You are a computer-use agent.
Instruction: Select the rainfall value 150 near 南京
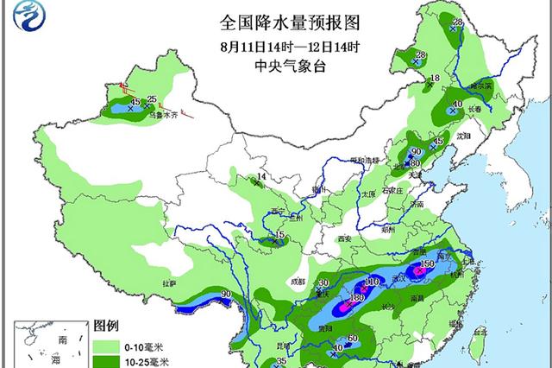coord(424,263)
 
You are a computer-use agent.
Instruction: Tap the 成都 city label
coord(298,281)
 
